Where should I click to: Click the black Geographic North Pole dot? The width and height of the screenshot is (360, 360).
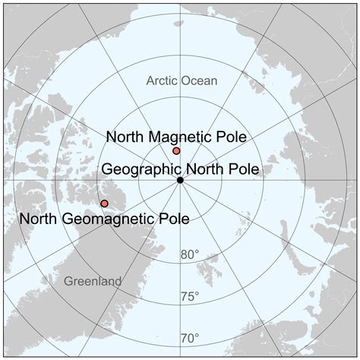tap(180, 180)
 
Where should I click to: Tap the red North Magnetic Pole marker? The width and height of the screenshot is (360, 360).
tap(176, 151)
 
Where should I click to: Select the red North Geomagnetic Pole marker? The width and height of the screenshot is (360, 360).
tap(104, 204)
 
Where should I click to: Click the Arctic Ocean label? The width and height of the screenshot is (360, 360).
tap(182, 81)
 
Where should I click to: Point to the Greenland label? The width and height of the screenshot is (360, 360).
tap(93, 281)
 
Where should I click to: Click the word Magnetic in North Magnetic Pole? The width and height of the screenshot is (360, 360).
tap(180, 137)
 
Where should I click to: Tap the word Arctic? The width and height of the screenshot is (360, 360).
tap(163, 81)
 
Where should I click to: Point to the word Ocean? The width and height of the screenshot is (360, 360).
tap(199, 81)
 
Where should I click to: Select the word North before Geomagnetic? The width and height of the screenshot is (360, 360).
tap(41, 219)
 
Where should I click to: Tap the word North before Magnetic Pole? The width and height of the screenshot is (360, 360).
tap(127, 137)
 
